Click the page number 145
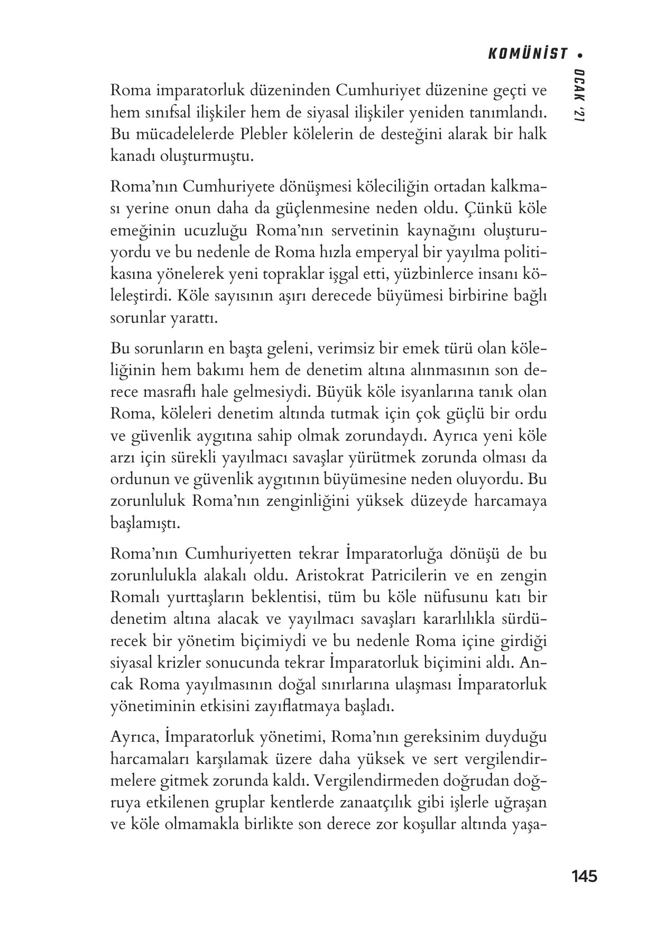pyautogui.click(x=584, y=876)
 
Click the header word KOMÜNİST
pyautogui.click(x=527, y=54)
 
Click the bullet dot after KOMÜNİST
pyautogui.click(x=580, y=54)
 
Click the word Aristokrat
pyautogui.click(x=328, y=575)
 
